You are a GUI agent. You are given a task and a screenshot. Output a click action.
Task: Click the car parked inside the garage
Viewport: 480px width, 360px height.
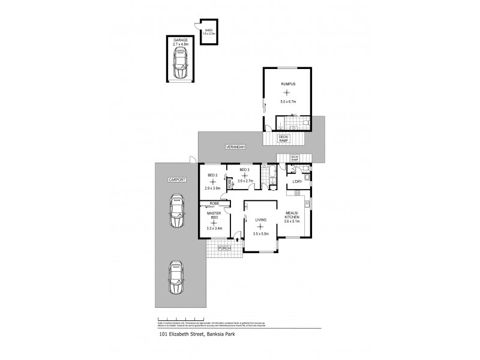coord(179,64)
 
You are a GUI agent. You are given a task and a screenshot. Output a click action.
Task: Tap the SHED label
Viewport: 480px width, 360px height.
coord(209,29)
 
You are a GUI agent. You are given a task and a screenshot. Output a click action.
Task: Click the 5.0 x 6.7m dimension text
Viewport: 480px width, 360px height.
coord(287,102)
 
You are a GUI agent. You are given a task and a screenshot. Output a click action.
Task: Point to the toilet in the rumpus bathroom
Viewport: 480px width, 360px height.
coord(305,124)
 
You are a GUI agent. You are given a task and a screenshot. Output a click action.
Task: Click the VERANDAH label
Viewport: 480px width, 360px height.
coord(235,146)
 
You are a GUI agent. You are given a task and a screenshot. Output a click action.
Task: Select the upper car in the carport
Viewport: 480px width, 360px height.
coord(176,211)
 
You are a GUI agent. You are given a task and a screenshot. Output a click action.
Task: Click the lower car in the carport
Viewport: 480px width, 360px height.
coord(176,278)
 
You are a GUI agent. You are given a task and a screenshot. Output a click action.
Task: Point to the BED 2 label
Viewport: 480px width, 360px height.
coord(212,175)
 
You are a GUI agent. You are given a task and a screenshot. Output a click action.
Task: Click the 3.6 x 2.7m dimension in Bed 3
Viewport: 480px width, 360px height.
coord(245,180)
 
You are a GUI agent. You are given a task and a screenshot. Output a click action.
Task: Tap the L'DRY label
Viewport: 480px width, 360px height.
coord(296,181)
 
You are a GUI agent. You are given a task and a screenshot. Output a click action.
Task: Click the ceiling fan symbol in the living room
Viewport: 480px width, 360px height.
coord(260,226)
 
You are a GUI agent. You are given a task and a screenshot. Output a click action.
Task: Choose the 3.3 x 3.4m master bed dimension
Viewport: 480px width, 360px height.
coord(214,228)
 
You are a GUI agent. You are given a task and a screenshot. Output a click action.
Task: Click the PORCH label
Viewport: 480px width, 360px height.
coord(224,248)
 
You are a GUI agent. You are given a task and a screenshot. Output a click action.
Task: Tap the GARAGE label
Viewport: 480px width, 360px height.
coord(181,40)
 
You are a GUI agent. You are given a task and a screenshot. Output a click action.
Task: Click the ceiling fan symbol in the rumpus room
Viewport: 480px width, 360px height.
coord(287,92)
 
